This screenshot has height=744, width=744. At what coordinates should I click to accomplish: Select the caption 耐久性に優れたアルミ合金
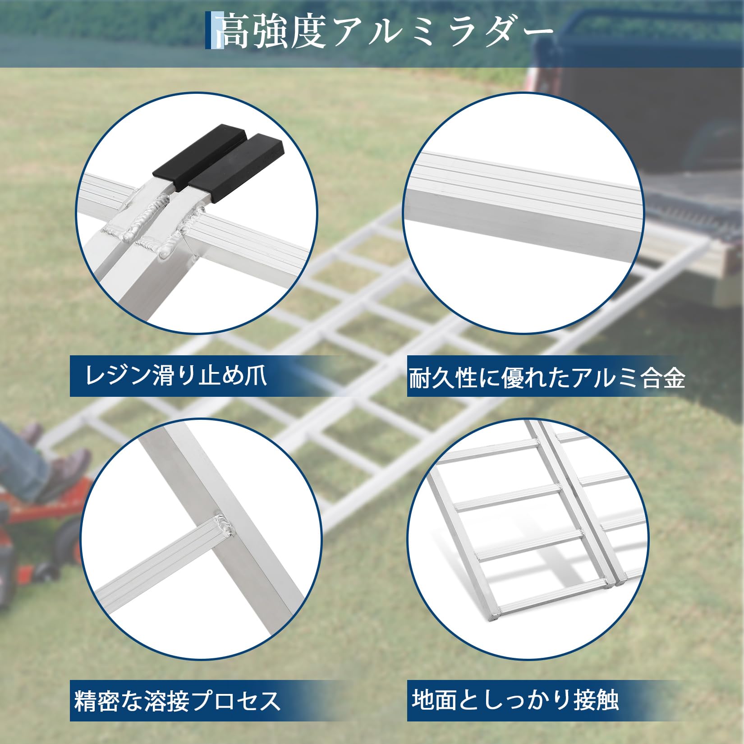[x=547, y=378]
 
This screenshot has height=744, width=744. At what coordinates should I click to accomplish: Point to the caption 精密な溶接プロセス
[x=177, y=700]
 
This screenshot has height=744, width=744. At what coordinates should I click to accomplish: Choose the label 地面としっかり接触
[x=515, y=699]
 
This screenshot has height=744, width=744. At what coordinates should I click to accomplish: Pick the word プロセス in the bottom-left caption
[x=235, y=700]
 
